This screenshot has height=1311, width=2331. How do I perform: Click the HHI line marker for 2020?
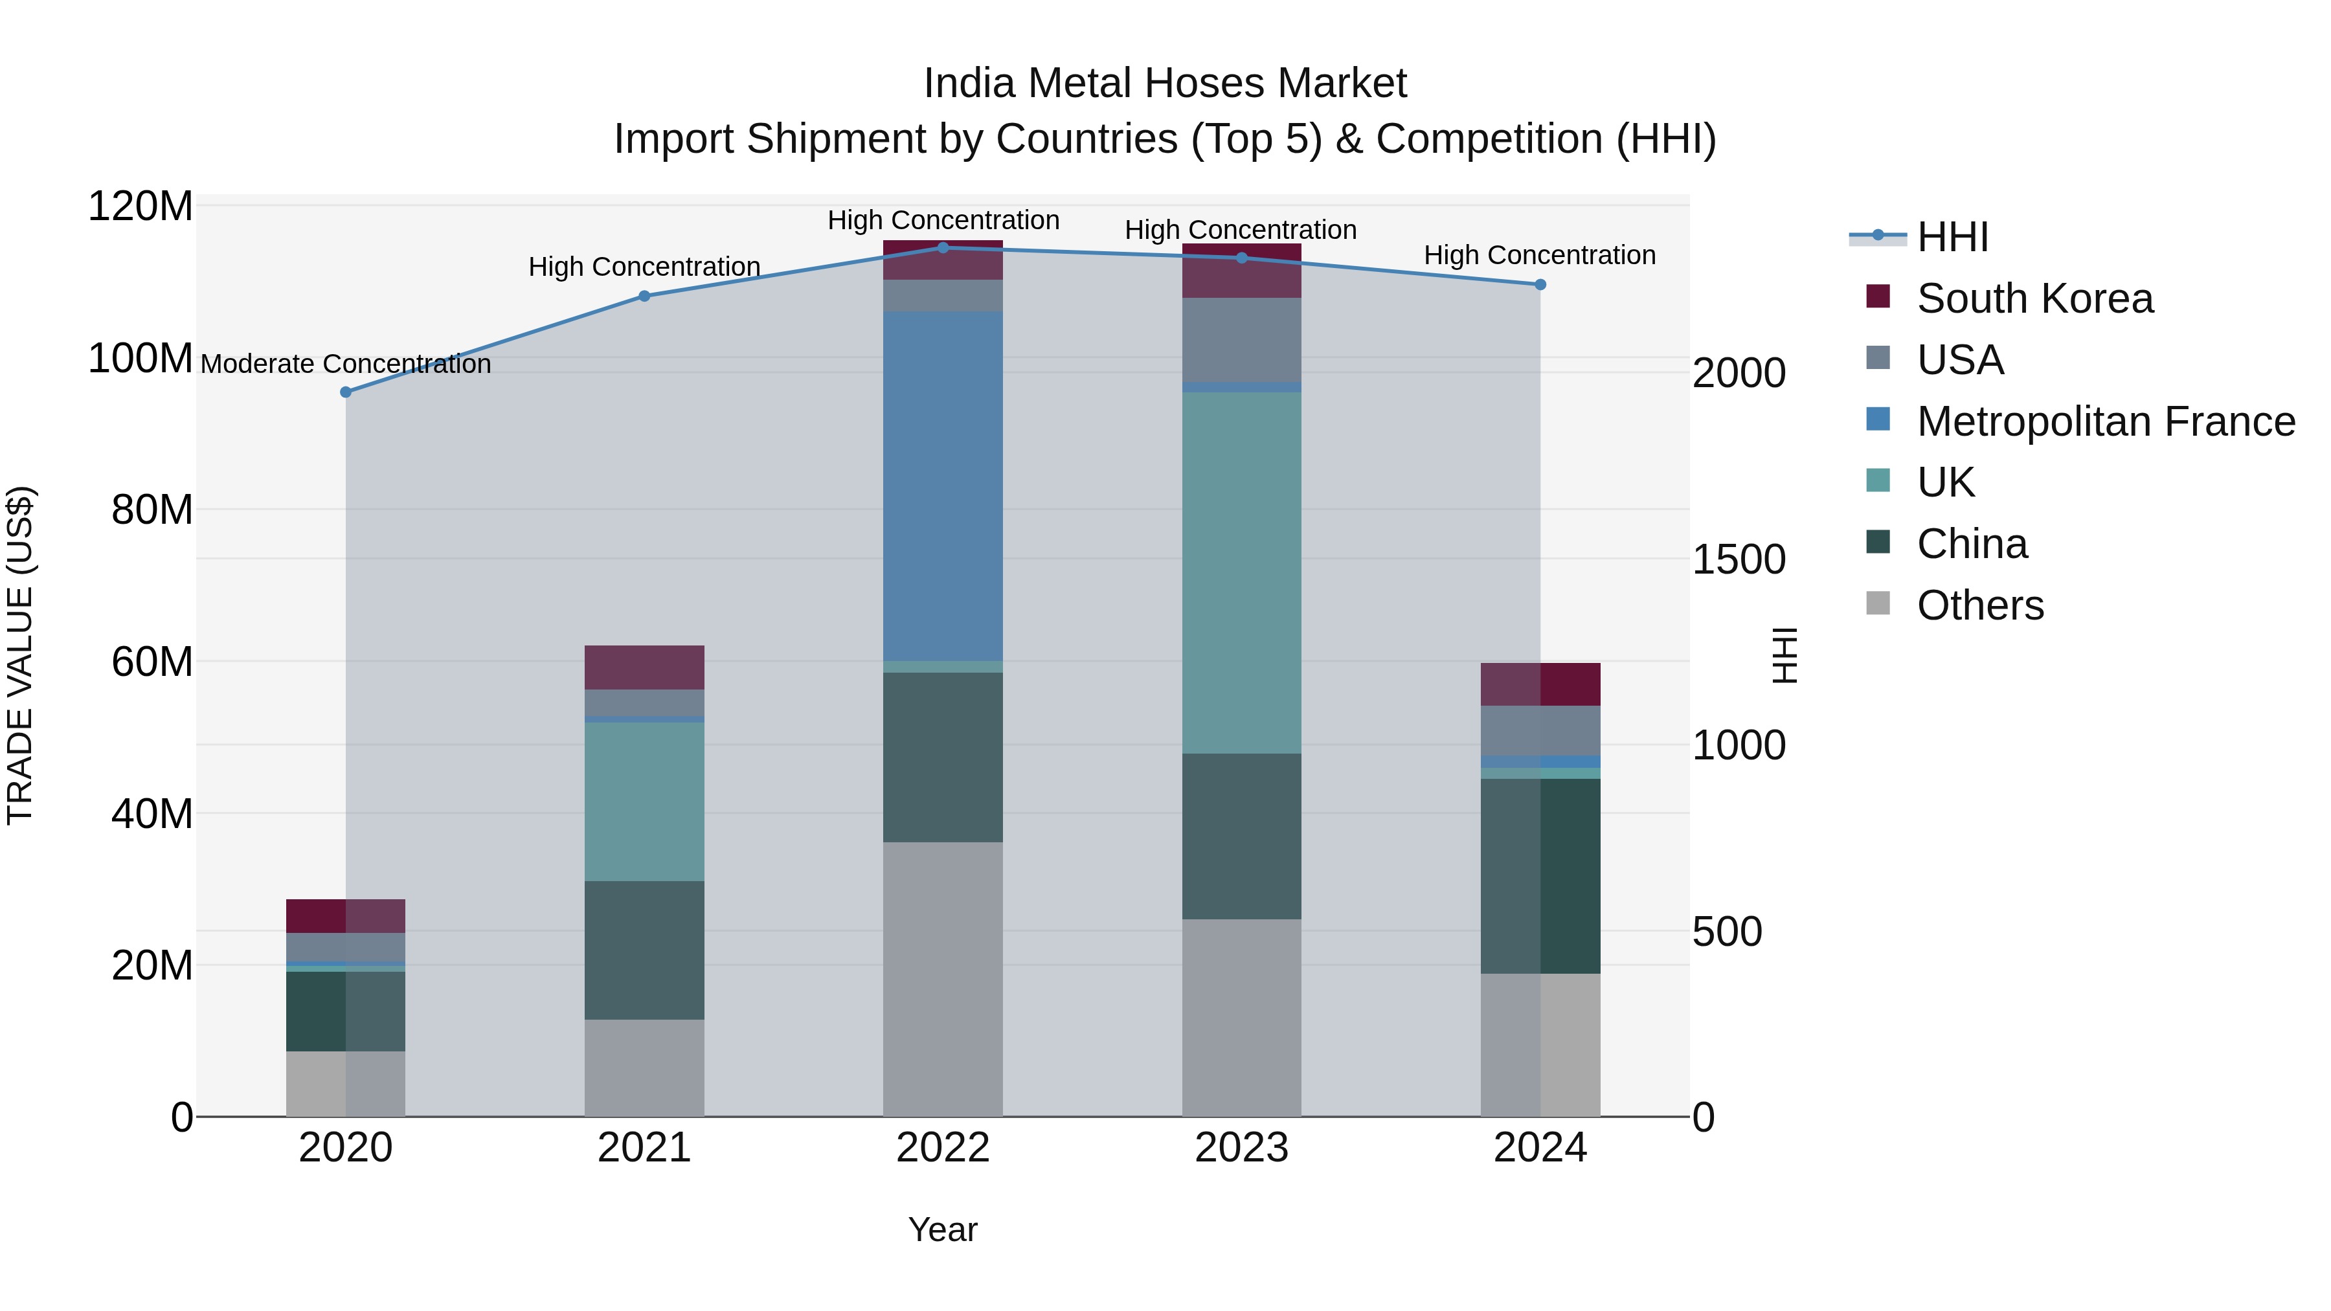(346, 392)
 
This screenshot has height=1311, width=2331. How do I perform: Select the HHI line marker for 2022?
(943, 248)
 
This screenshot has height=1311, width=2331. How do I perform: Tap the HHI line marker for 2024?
(1540, 285)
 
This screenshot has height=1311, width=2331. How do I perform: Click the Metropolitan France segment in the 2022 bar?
(943, 486)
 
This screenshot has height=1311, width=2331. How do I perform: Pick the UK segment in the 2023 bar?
(1241, 573)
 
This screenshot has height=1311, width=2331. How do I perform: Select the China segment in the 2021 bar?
(644, 950)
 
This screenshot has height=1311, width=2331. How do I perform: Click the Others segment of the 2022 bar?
(943, 979)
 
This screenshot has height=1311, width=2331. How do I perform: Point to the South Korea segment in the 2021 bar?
(644, 667)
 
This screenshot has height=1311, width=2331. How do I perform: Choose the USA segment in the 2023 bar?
(1241, 340)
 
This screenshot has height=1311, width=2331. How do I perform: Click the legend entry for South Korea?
(2034, 298)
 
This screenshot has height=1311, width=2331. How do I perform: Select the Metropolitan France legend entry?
(2105, 421)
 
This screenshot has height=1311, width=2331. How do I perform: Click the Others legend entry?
(1980, 605)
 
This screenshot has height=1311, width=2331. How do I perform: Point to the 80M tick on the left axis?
(151, 510)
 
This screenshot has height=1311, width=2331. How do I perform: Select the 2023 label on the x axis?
(1241, 1148)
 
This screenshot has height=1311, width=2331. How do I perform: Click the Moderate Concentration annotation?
(346, 364)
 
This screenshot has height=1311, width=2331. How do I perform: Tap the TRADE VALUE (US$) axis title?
(20, 655)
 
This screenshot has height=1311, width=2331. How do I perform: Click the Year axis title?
(943, 1229)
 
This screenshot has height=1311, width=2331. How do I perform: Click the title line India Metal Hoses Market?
(1165, 84)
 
